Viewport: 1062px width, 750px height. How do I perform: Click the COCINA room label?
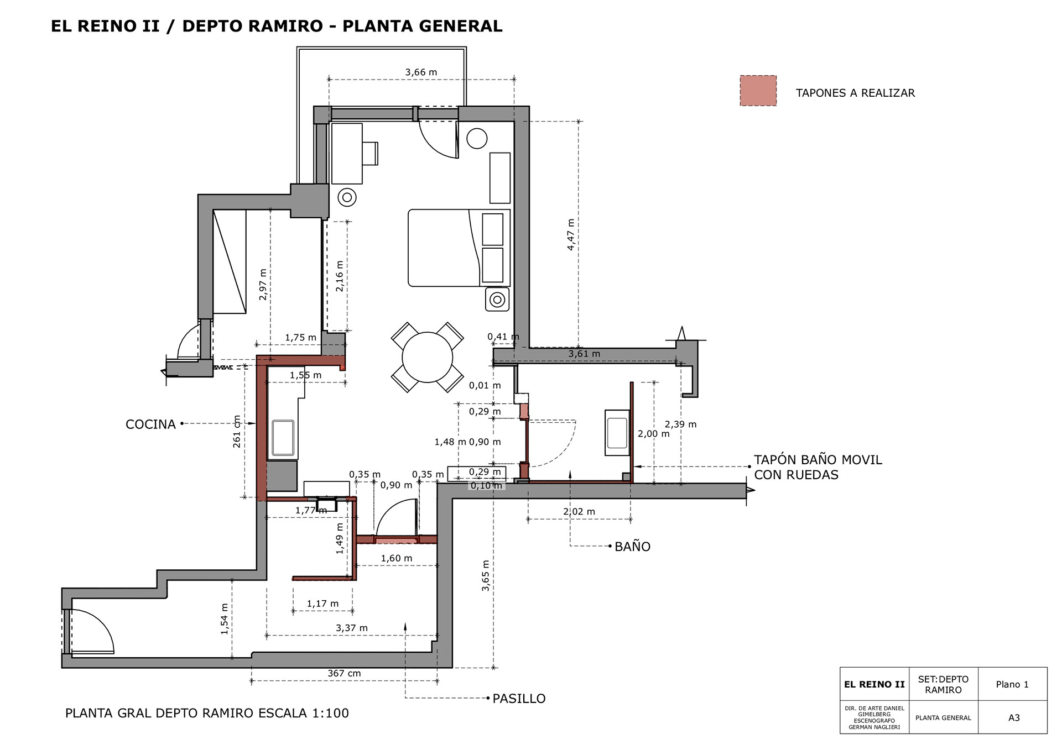tap(150, 424)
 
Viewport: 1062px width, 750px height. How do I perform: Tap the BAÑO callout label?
tap(632, 547)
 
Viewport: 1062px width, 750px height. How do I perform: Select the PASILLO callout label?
tap(519, 699)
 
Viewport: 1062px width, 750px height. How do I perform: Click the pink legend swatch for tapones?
tap(758, 91)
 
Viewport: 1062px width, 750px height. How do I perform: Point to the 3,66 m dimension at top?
tap(421, 72)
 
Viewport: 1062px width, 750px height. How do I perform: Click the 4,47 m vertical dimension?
tap(571, 234)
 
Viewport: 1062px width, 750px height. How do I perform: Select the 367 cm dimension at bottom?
tap(344, 673)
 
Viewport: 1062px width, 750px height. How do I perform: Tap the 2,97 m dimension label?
tap(263, 285)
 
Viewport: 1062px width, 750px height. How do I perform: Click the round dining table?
tap(428, 357)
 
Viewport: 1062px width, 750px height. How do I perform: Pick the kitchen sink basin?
tap(283, 438)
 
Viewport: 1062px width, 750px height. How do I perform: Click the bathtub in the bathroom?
tap(617, 433)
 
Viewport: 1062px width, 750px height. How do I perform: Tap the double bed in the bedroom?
tap(459, 248)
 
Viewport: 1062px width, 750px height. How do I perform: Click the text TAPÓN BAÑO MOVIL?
tap(818, 460)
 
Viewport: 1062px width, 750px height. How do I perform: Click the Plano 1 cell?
tap(1013, 684)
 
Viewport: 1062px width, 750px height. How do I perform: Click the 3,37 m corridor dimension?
tap(352, 628)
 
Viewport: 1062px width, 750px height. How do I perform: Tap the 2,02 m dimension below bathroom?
tap(579, 512)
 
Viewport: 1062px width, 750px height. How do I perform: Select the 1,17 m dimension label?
tap(323, 604)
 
